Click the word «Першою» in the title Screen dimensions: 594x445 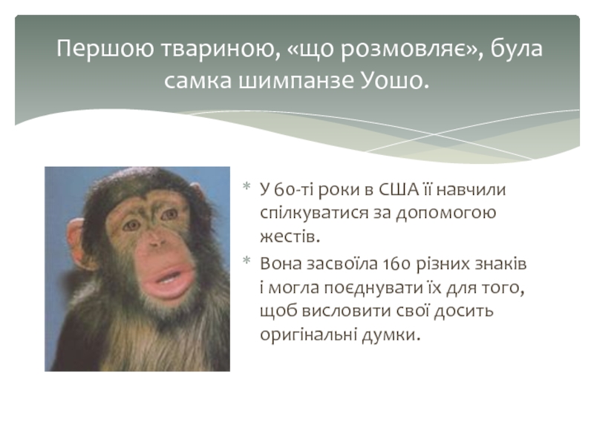tap(105, 48)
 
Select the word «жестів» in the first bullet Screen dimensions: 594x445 tap(290, 237)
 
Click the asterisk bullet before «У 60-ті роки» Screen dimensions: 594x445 tap(247, 186)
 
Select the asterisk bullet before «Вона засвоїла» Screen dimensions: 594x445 tap(247, 260)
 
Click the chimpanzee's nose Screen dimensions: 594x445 tap(156, 240)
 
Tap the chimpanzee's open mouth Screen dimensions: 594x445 tap(172, 277)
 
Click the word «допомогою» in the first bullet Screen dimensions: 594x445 tap(446, 214)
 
